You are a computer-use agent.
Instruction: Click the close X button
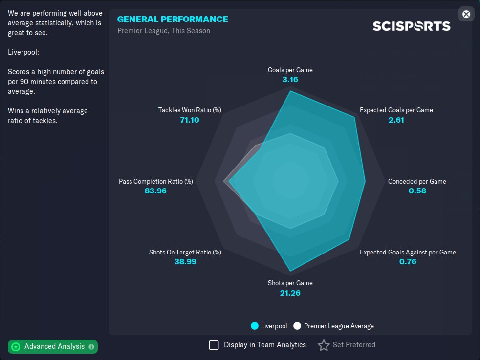click(x=466, y=14)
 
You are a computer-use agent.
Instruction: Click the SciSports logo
click(x=411, y=26)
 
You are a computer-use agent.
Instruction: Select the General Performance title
click(x=173, y=19)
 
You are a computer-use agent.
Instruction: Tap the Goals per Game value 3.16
click(x=290, y=79)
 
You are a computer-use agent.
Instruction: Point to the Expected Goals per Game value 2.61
click(x=396, y=120)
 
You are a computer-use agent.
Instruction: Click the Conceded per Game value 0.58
click(x=417, y=191)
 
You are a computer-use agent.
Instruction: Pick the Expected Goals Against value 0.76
click(x=408, y=261)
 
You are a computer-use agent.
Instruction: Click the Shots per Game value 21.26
click(x=290, y=293)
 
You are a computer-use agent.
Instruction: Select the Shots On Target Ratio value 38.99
click(x=185, y=261)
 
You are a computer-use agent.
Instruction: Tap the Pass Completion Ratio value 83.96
click(x=155, y=191)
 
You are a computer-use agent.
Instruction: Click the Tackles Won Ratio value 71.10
click(x=190, y=120)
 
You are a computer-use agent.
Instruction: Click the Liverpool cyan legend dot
click(x=255, y=326)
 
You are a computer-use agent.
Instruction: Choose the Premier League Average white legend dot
click(x=297, y=326)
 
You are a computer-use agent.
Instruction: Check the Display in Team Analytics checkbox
click(x=214, y=345)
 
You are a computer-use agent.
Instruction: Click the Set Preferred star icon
click(x=324, y=345)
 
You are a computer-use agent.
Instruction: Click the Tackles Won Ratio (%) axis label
click(x=190, y=110)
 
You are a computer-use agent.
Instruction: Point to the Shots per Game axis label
click(x=290, y=283)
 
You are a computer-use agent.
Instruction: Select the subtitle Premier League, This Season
click(x=164, y=31)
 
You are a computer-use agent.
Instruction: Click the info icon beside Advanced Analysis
click(x=91, y=347)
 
